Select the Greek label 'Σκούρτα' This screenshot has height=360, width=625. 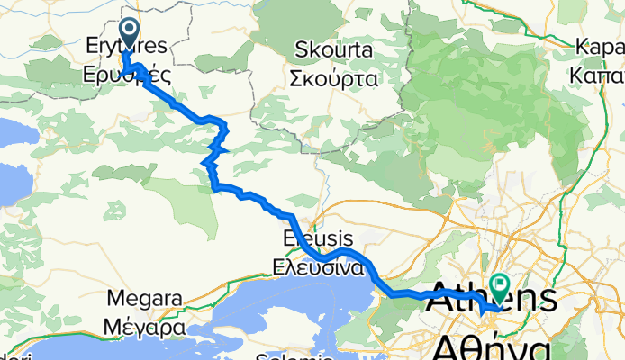(334, 77)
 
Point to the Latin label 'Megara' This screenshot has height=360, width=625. (144, 298)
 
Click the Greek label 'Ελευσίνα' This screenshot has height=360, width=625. (318, 267)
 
